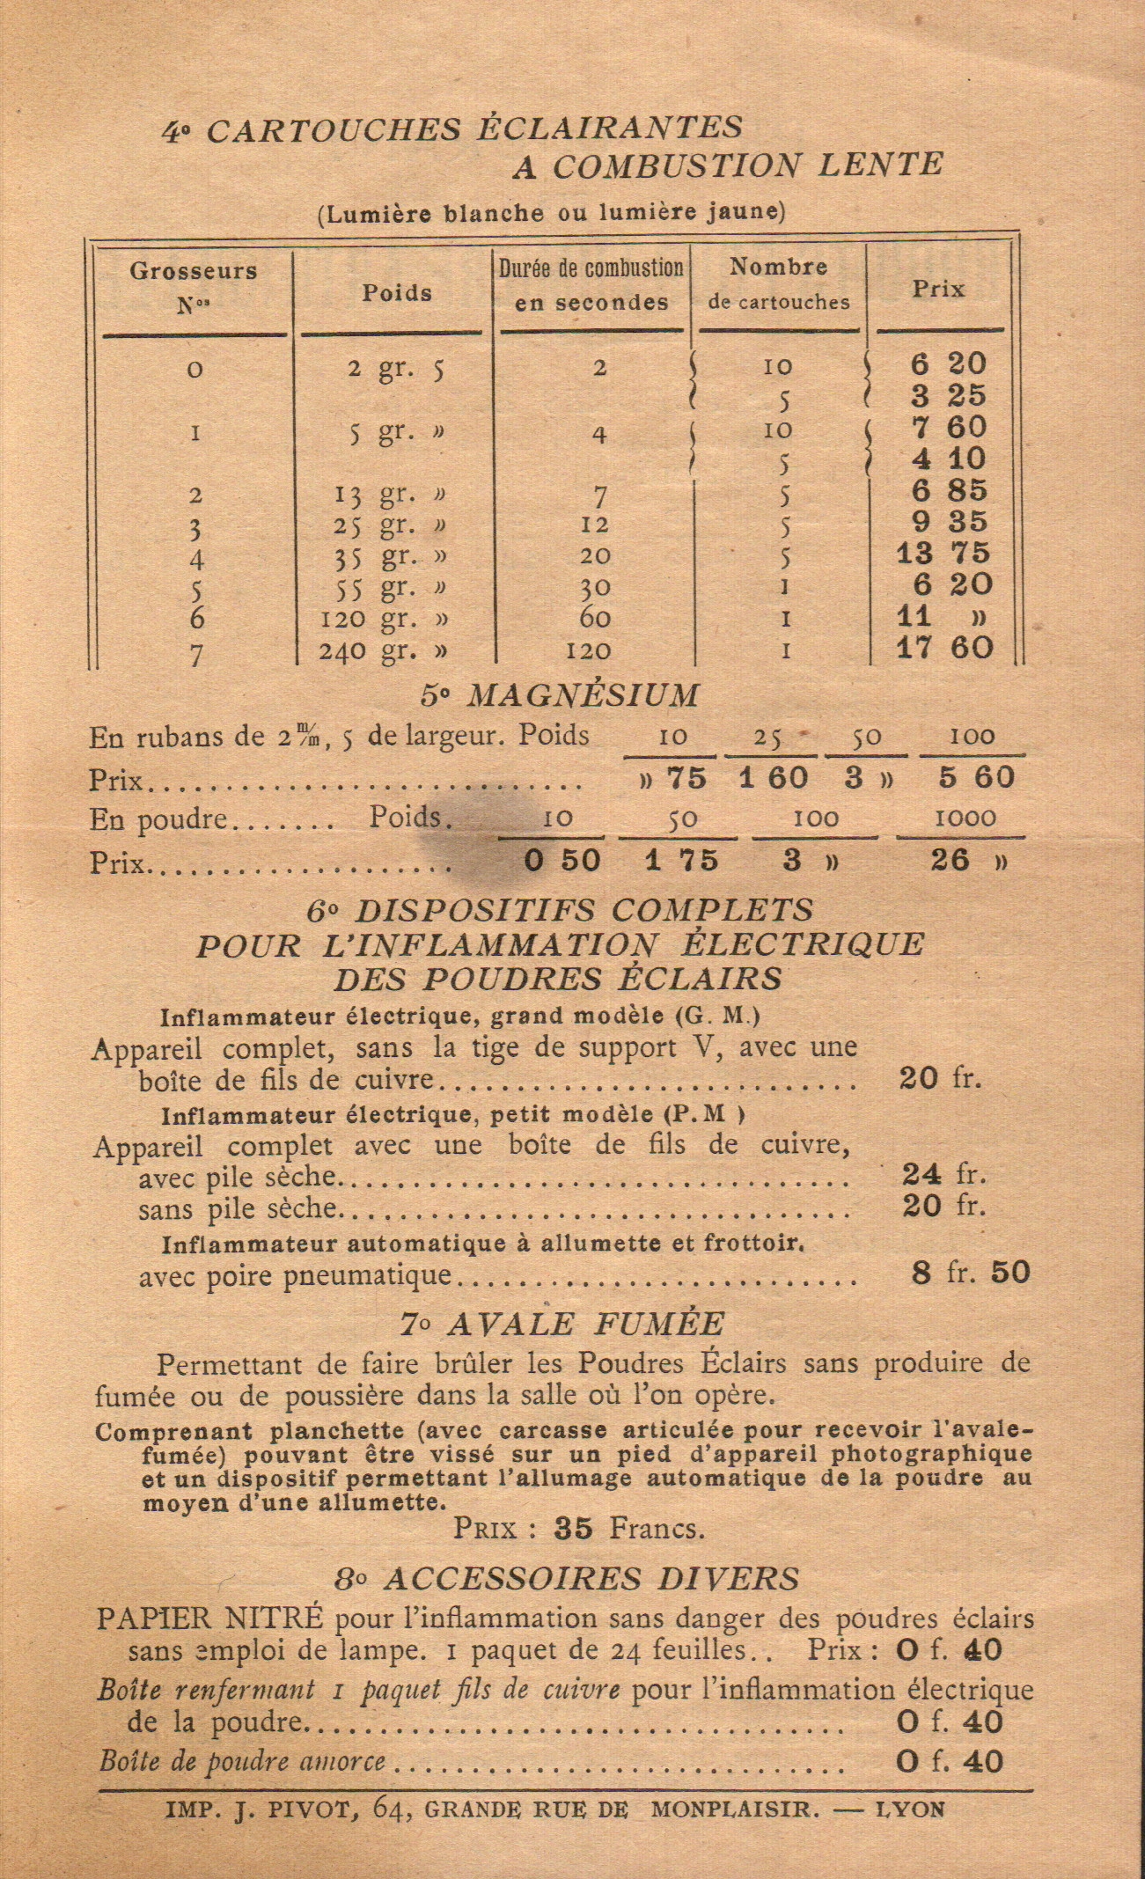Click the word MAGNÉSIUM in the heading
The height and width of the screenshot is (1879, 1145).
coord(582,695)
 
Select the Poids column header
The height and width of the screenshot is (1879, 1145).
coord(397,293)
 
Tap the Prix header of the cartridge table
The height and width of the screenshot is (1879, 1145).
coord(938,289)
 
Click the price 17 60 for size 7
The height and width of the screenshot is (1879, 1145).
coord(945,649)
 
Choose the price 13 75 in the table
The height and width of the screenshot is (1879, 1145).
coord(945,554)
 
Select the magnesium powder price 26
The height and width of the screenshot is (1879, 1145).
coord(950,860)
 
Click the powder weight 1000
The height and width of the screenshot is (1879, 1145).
coord(965,818)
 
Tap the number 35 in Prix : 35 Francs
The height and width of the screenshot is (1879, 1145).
coord(574,1529)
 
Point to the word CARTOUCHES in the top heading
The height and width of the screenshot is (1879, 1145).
coord(334,130)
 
